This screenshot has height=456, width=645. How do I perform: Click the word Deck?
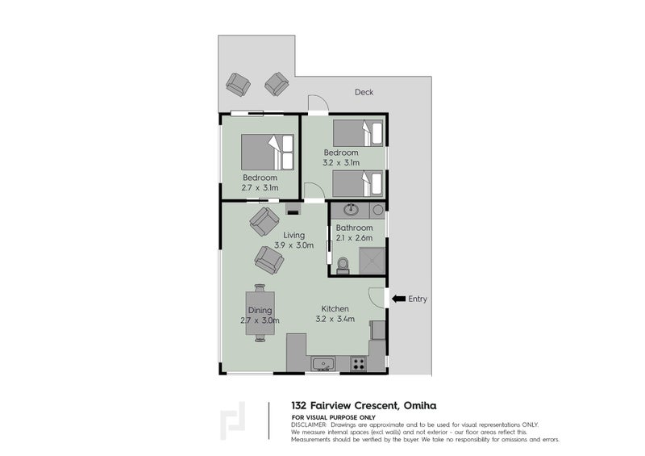tap(364, 92)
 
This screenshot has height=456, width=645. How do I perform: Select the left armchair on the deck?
tap(238, 82)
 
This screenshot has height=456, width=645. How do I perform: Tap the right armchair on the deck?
tap(277, 82)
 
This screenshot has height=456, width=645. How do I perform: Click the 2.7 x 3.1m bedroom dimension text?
tap(260, 187)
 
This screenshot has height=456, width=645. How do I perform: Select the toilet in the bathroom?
tap(342, 264)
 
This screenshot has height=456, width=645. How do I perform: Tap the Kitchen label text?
tap(335, 309)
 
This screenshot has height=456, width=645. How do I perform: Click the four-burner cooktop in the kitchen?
tap(356, 363)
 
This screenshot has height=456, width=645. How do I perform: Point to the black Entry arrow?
tap(397, 299)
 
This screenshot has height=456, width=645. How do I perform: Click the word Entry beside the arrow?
tap(418, 299)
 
